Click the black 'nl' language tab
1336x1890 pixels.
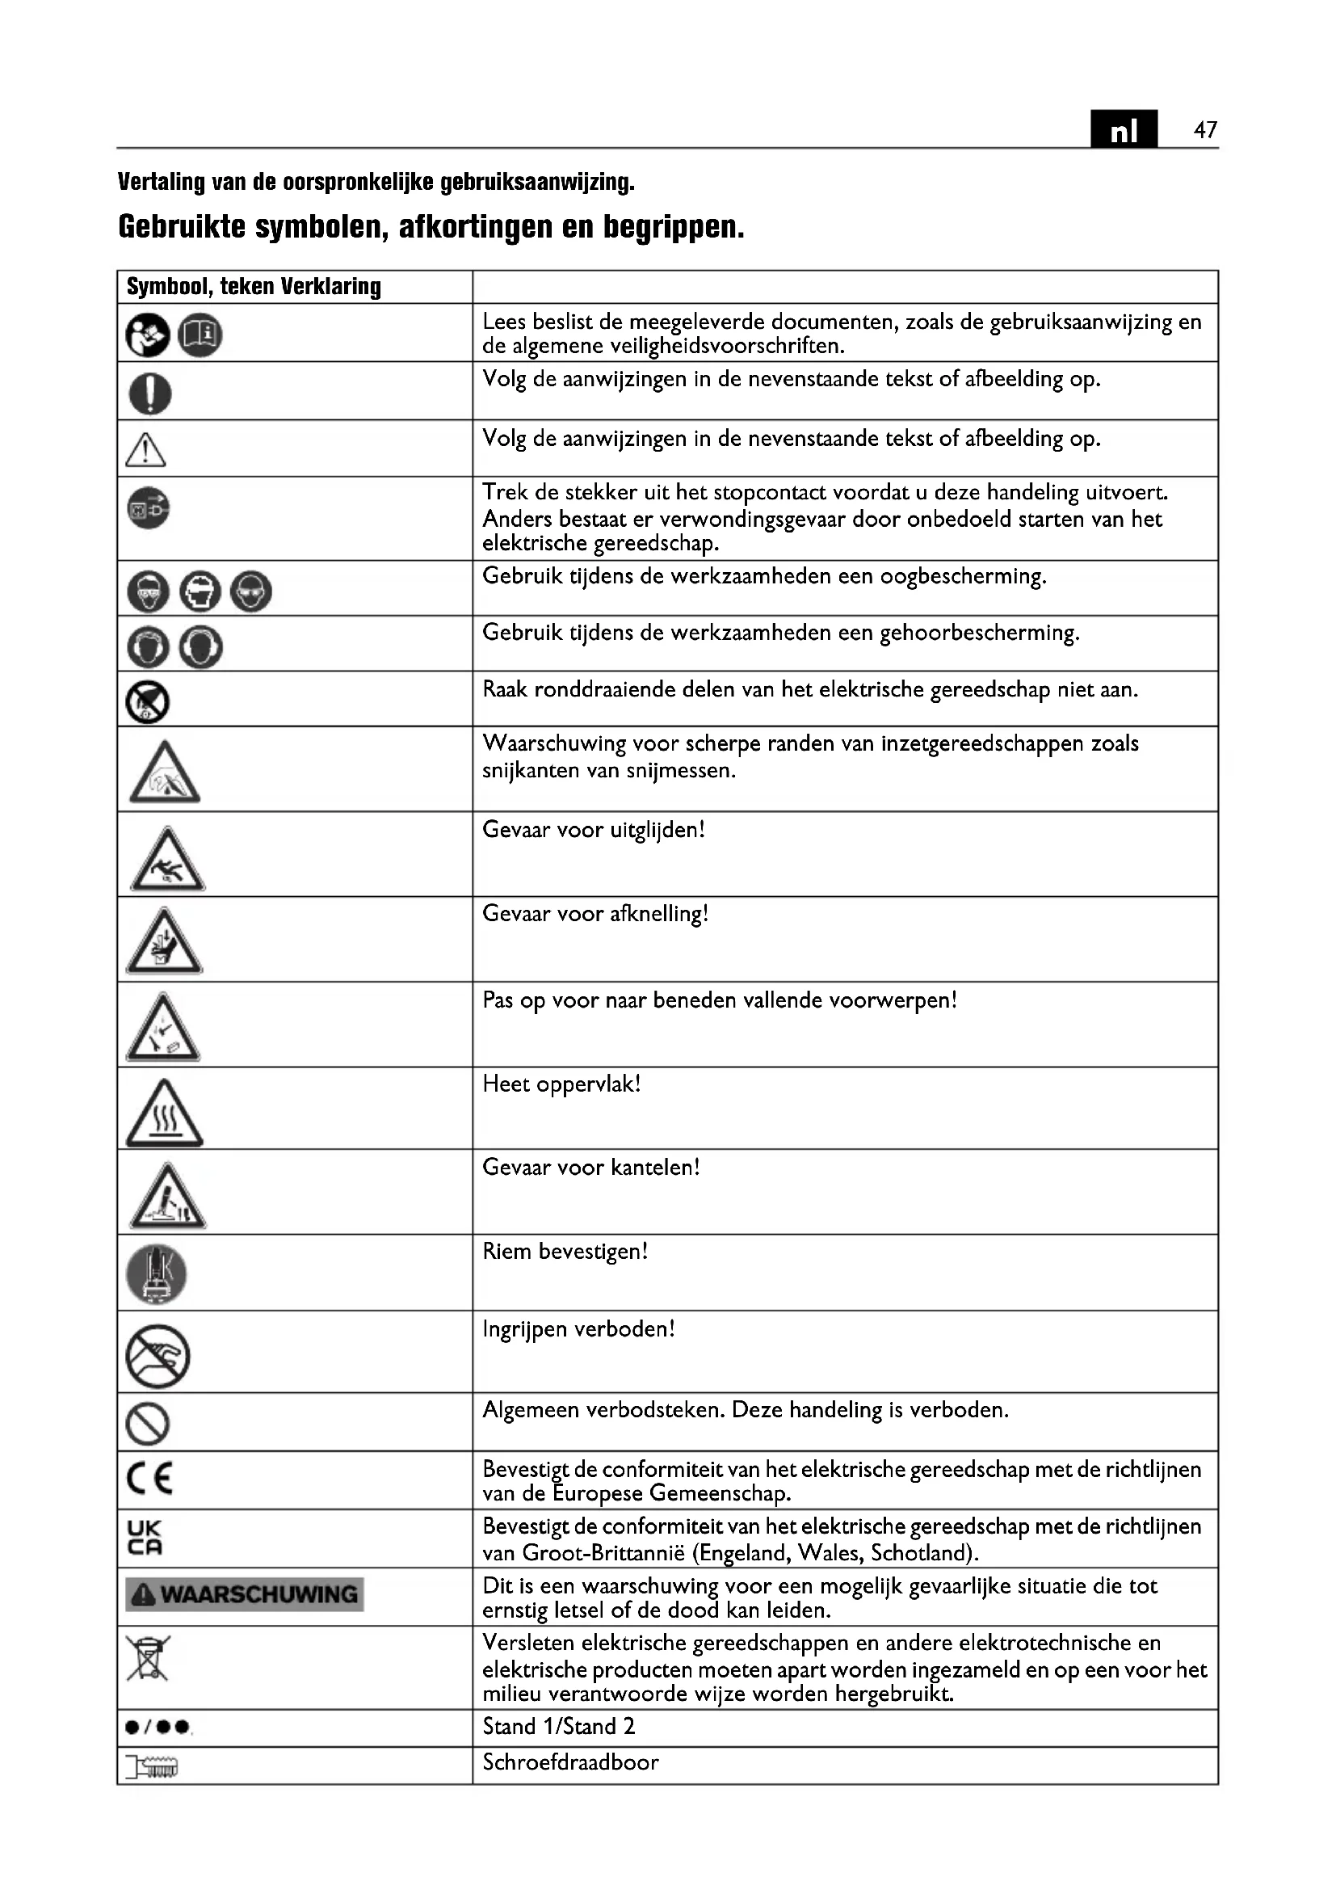point(1123,129)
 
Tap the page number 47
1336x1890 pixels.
point(1205,130)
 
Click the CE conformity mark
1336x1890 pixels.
point(149,1479)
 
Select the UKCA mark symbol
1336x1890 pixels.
point(145,1537)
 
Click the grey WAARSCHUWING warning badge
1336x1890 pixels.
point(244,1594)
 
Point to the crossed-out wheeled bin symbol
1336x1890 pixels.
point(147,1657)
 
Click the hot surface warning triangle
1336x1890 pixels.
point(164,1113)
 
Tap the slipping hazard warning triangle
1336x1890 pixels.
point(167,861)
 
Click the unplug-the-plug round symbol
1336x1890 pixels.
point(149,508)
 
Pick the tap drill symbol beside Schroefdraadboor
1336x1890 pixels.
point(151,1766)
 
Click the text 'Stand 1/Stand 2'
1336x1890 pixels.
point(559,1726)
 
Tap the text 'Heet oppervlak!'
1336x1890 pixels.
point(561,1084)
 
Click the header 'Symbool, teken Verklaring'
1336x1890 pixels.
point(254,287)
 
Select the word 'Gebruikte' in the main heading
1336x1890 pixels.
point(182,226)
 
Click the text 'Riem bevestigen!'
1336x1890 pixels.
point(565,1251)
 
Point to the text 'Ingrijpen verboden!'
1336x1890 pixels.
point(578,1328)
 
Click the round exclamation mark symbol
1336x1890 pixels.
point(149,393)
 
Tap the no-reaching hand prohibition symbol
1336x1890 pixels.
point(158,1356)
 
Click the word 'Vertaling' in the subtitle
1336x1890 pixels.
point(161,182)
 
